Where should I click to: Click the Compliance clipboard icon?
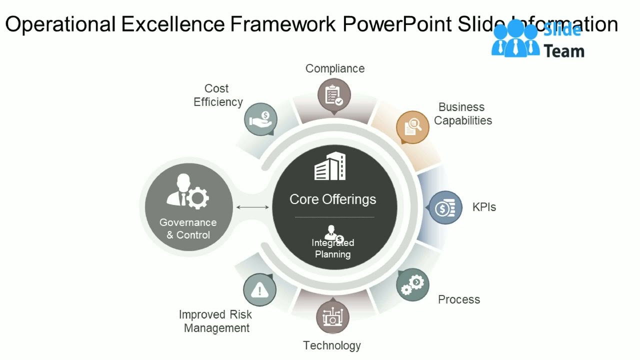pos(334,95)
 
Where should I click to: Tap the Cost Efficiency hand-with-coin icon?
pos(260,119)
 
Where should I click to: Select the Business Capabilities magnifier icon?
pos(412,127)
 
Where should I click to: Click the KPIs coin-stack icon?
pos(445,207)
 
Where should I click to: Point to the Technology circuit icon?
pos(332,317)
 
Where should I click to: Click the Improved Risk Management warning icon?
pos(259,289)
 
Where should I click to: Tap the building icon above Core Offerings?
pos(330,166)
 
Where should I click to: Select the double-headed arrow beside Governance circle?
pos(252,207)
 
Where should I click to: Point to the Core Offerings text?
pos(332,199)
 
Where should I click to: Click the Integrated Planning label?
pos(332,248)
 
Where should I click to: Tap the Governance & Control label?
pos(188,228)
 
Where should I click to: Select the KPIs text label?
pos(484,207)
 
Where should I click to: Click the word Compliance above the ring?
pos(335,68)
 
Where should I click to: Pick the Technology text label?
pos(332,345)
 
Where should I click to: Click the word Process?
pos(459,299)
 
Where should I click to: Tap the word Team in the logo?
pos(563,51)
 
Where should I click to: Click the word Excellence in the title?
pos(174,24)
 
